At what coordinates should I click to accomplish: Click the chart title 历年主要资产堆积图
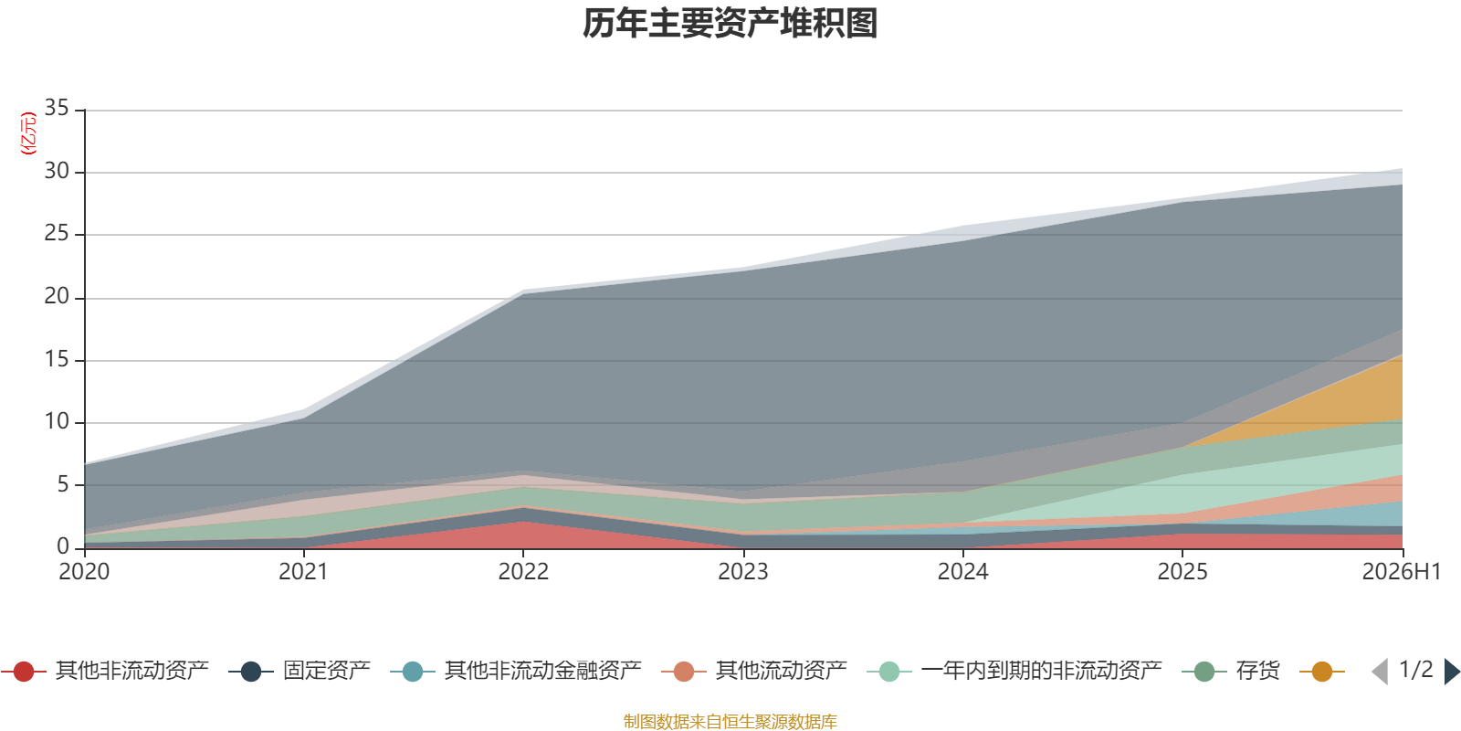(730, 24)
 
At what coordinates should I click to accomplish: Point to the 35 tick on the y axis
(57, 108)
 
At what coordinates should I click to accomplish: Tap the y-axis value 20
(57, 296)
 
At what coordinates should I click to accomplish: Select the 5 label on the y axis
(63, 484)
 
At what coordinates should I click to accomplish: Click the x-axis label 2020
(84, 572)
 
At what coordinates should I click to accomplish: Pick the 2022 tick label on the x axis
(523, 572)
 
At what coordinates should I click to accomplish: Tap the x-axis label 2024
(962, 572)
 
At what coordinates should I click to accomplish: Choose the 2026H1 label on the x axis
(1402, 572)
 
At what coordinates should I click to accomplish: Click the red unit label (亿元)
(28, 133)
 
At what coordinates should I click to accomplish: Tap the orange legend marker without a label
(1322, 671)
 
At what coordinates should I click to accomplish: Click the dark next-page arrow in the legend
(1452, 671)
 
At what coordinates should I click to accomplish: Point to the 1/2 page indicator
(1416, 670)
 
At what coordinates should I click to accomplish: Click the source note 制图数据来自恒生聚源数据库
(730, 721)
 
